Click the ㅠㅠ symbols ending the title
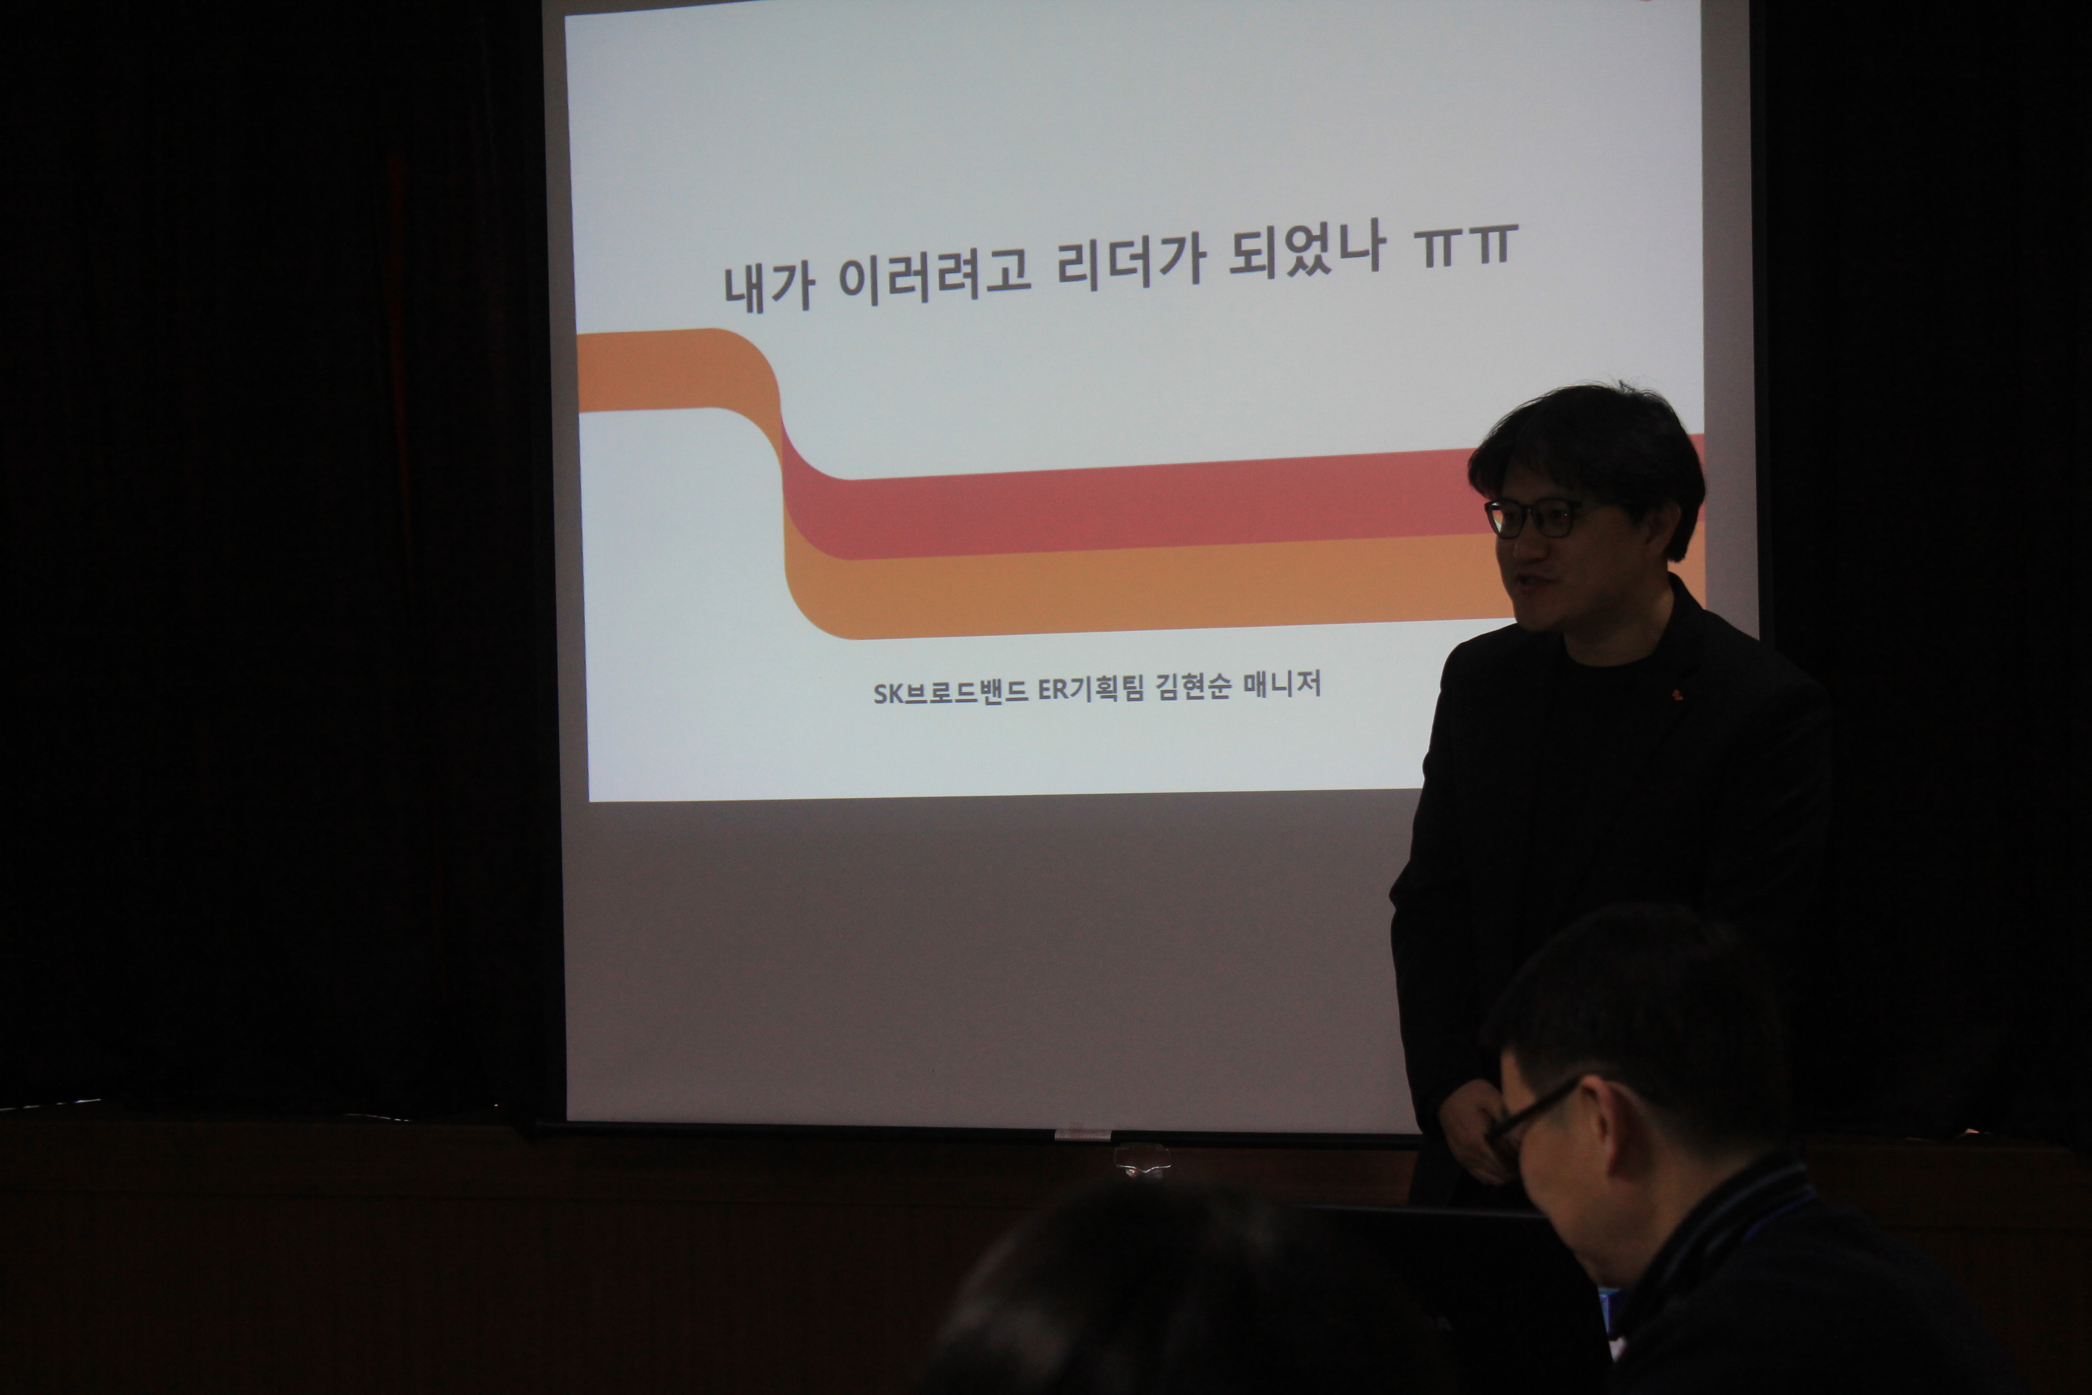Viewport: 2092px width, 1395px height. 1466,245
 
